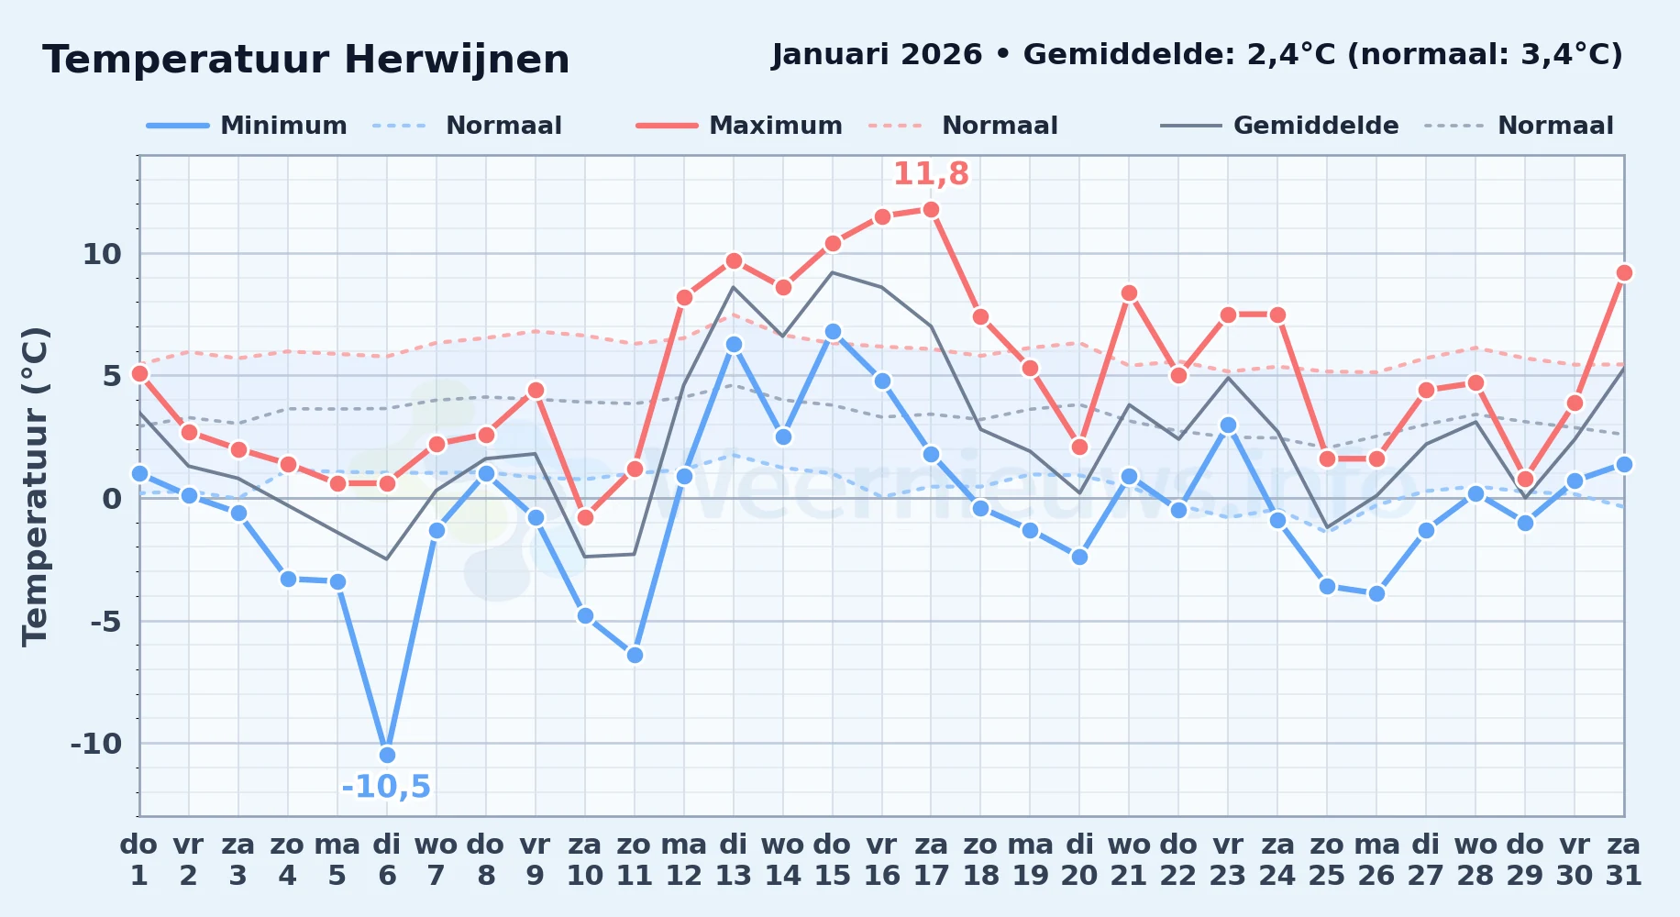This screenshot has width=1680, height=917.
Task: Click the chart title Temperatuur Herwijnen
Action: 306,60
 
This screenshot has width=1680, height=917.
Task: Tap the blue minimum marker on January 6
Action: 387,755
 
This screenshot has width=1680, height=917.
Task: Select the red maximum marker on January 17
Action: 931,209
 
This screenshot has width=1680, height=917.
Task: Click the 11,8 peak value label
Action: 931,173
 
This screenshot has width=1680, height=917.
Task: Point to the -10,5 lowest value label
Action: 386,787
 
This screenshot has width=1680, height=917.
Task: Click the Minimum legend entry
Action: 247,126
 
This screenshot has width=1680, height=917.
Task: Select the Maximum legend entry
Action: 739,126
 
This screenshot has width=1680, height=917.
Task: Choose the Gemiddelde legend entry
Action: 1280,126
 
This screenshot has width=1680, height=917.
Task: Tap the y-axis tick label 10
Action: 102,254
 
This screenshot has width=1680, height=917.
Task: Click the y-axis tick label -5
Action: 105,621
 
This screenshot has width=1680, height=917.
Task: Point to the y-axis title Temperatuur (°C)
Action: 35,486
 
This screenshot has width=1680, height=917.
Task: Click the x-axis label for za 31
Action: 1624,859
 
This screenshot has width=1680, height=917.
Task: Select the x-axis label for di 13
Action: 734,859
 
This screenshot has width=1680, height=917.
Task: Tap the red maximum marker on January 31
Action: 1624,272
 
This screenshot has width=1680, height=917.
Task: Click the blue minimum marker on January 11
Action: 635,655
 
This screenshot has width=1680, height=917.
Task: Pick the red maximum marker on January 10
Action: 585,518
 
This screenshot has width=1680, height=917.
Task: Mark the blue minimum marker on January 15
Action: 833,331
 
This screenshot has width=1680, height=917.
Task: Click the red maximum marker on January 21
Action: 1129,293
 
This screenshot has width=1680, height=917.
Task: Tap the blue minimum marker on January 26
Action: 1376,593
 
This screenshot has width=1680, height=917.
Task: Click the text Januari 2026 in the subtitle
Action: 877,55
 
